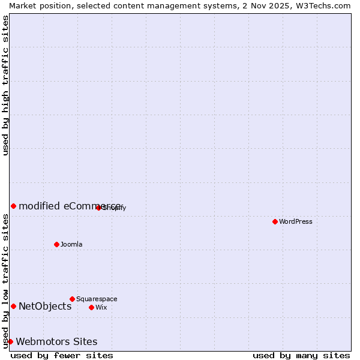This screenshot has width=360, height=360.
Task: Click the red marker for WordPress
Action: (x=275, y=221)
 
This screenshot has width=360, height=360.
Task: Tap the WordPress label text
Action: (x=296, y=221)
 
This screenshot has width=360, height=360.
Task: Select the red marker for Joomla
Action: (x=56, y=244)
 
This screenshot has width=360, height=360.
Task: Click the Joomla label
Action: (x=71, y=244)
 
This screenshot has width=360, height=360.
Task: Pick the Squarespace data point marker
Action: (x=72, y=299)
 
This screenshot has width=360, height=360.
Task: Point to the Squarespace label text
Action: (x=97, y=299)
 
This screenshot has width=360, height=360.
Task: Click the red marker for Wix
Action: (x=91, y=307)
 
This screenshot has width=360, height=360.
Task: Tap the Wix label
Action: (x=101, y=307)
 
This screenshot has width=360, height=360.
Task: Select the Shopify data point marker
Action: (x=98, y=208)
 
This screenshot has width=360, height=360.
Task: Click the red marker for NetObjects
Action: (x=13, y=307)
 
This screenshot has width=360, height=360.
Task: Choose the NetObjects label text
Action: (x=45, y=307)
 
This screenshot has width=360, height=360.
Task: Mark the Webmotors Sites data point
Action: (x=10, y=341)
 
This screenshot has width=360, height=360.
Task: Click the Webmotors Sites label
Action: (x=56, y=342)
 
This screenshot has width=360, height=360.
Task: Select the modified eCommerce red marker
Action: (x=13, y=206)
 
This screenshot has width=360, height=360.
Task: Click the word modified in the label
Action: (x=39, y=206)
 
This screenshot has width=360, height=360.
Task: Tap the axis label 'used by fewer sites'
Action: (x=62, y=355)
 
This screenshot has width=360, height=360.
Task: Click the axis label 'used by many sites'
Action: (x=301, y=355)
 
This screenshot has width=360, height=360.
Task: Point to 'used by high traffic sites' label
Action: (x=6, y=85)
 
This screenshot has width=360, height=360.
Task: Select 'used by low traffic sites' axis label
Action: (x=6, y=281)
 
